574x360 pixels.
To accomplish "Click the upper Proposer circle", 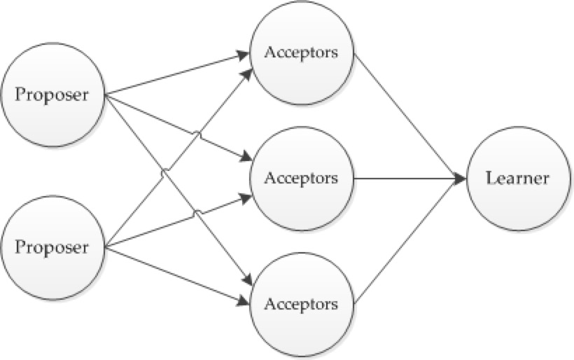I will [53, 94].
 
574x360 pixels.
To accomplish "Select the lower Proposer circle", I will [53, 247].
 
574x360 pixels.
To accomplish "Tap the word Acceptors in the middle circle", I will [301, 178].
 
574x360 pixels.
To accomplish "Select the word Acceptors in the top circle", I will [301, 53].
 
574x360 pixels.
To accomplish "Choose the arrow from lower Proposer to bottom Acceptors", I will [175, 275].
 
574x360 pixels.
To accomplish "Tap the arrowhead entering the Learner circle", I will [460, 179].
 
